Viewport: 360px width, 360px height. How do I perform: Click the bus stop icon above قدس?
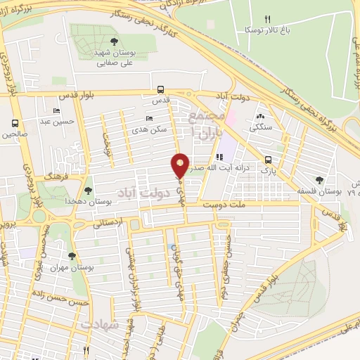(x=161, y=89)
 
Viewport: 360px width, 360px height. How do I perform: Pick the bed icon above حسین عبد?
(x=56, y=111)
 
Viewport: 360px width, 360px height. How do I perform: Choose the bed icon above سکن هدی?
(x=148, y=119)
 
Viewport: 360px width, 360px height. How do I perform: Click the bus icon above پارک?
(x=268, y=160)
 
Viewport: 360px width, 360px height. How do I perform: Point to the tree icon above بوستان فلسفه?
(x=319, y=180)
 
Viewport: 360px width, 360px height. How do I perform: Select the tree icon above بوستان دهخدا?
(x=88, y=190)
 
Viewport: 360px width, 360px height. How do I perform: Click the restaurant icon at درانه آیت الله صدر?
(x=219, y=155)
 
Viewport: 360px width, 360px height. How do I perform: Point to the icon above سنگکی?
(x=261, y=117)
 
